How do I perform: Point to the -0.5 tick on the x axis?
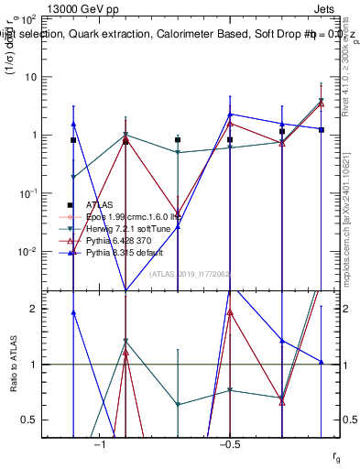point(229,444)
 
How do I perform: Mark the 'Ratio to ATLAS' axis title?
point(13,365)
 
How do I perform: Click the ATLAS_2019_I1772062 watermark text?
point(184,274)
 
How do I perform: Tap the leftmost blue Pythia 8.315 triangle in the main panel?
point(73,124)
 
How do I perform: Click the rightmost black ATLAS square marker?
point(322,130)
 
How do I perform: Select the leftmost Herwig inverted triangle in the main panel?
point(73,177)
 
